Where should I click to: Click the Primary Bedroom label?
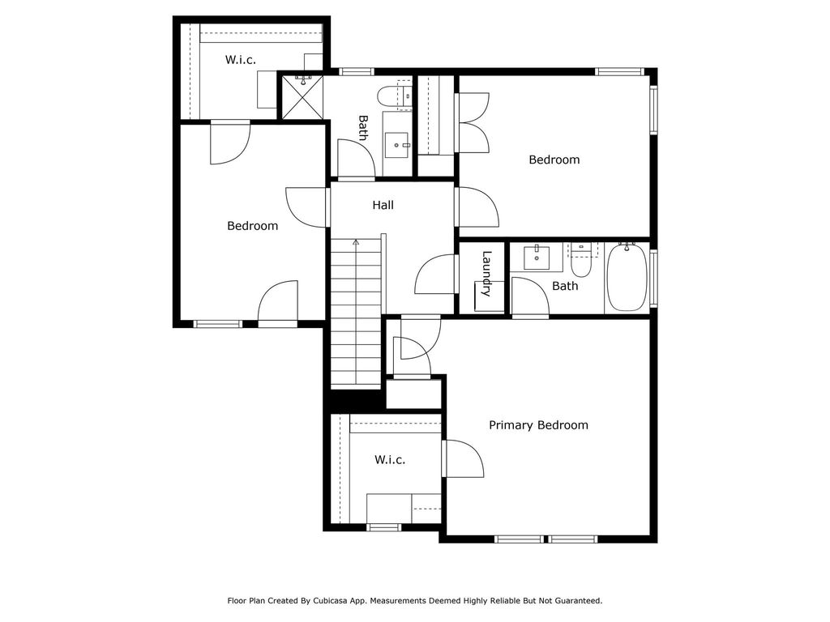point(538,425)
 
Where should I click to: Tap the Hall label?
point(383,206)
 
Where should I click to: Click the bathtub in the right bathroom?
point(627,278)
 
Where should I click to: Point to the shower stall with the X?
point(301,96)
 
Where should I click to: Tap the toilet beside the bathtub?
point(581,261)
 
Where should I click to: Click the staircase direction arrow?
point(355,242)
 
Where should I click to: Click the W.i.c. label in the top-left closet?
point(241,60)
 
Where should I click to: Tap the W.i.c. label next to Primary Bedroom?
point(390,460)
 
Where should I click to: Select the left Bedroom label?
point(252,226)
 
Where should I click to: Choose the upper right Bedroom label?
point(554,160)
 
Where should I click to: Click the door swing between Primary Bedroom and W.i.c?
point(464,458)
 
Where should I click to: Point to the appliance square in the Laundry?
point(489,296)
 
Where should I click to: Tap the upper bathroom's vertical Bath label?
point(363,127)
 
